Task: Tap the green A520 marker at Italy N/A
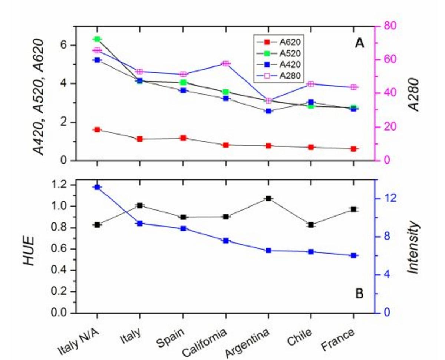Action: [x=97, y=39]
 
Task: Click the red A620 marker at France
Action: [x=353, y=149]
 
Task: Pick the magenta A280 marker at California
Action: [x=225, y=63]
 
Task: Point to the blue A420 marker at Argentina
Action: [x=268, y=111]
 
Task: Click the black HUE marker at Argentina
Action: [x=268, y=199]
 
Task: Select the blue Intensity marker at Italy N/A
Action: [x=97, y=187]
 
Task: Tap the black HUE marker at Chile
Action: [x=311, y=225]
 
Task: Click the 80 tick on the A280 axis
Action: [x=385, y=26]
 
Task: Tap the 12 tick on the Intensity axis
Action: [x=386, y=199]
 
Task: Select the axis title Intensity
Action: [x=414, y=248]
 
